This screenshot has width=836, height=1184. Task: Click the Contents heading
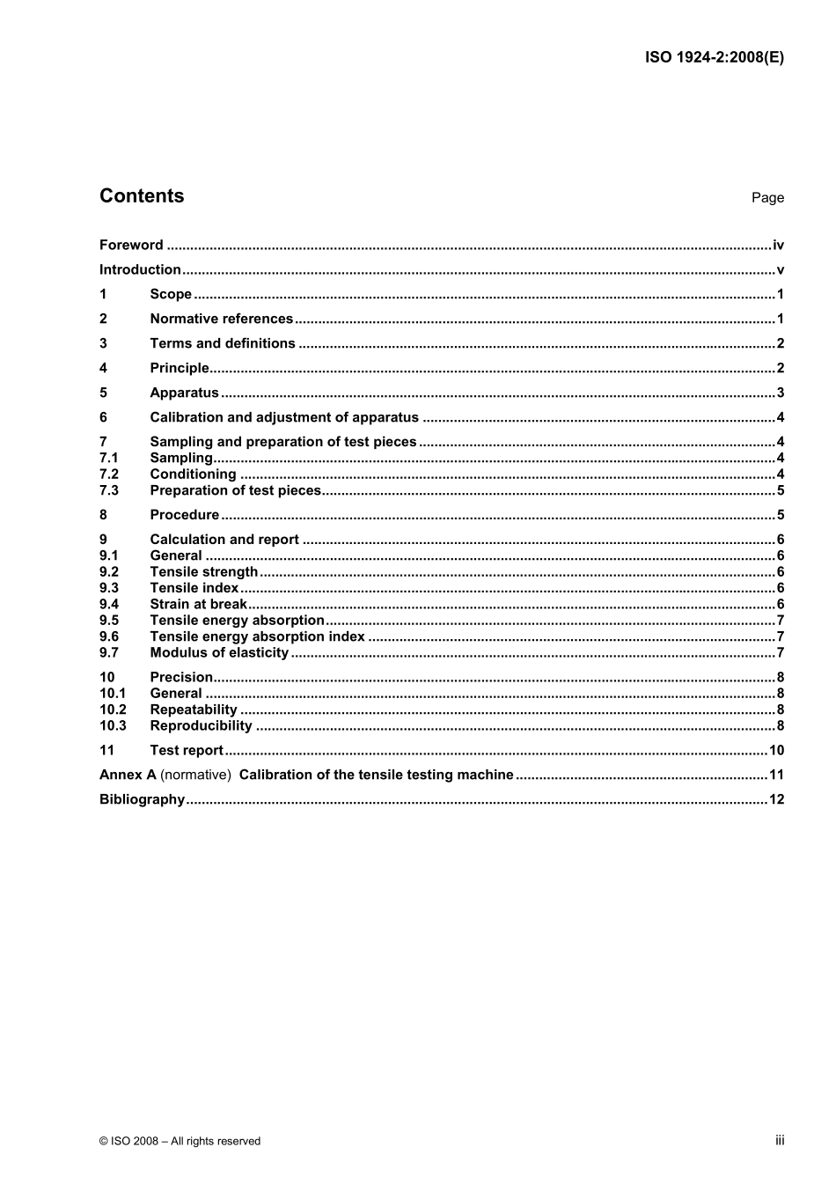[142, 196]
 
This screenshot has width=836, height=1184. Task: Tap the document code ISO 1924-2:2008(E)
[714, 58]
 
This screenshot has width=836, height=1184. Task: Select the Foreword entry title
[131, 246]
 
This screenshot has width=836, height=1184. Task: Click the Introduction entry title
[140, 270]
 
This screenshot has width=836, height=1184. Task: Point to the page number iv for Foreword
[778, 246]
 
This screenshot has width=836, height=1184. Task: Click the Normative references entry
[221, 320]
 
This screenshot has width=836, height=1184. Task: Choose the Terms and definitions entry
[223, 344]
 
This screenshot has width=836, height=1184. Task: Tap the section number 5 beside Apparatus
[103, 393]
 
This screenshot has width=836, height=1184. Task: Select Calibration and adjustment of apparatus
[284, 418]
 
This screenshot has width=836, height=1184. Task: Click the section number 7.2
[109, 474]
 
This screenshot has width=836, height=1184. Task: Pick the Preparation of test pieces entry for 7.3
[236, 491]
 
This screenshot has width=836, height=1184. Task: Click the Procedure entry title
[185, 516]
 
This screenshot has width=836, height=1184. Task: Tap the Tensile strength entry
[204, 572]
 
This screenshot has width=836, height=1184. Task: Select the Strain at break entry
[199, 605]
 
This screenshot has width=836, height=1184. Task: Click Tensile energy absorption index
[257, 637]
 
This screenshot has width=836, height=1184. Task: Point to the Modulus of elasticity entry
[219, 653]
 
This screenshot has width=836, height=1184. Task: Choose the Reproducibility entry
[201, 726]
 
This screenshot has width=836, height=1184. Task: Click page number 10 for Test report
[776, 751]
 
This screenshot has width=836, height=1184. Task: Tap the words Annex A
[128, 776]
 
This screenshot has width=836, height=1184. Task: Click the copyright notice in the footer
[180, 1142]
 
